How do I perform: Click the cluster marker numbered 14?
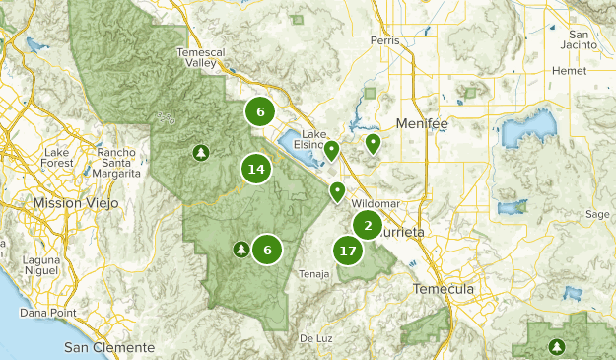256,170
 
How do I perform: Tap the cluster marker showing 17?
347,251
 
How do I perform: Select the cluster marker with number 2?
368,226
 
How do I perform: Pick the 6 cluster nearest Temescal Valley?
260,111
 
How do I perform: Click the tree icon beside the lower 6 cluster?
240,250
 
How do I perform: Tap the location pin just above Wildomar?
337,191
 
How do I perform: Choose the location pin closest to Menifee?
373,144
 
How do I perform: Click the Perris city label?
384,40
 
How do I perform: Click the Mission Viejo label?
76,202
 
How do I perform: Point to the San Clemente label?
109,347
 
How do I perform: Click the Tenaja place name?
313,275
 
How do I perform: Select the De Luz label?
316,337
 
